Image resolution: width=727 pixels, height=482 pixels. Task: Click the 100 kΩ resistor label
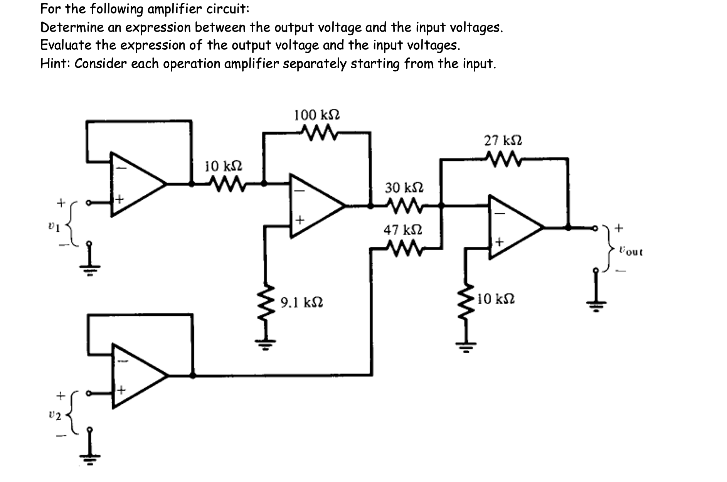[x=317, y=115]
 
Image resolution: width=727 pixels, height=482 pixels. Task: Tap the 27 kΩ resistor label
[x=503, y=140]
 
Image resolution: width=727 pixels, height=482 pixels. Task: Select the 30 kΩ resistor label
[x=404, y=188]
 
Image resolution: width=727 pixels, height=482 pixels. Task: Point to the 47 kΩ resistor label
[x=403, y=230]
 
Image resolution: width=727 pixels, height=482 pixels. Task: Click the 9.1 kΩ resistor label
[x=301, y=302]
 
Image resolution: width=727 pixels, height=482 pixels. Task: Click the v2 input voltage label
[x=55, y=416]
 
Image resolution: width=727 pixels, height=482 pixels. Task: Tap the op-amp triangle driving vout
[x=513, y=227]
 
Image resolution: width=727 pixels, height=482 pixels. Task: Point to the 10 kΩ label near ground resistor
[x=496, y=299]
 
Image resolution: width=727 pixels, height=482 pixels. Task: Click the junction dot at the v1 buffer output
[x=192, y=184]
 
